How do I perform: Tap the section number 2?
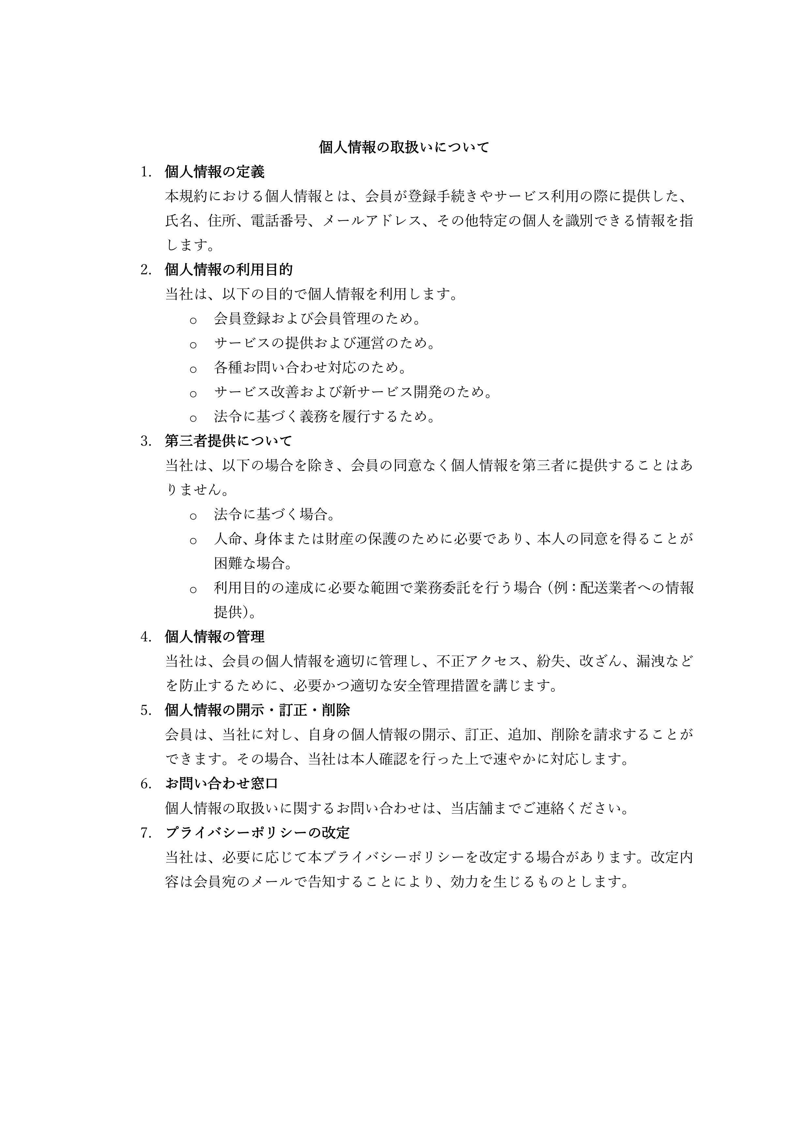click(x=145, y=270)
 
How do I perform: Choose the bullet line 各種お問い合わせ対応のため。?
click(x=310, y=367)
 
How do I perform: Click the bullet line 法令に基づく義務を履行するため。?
click(x=324, y=416)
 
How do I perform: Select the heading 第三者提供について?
click(x=228, y=441)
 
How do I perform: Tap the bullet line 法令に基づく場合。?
click(x=275, y=514)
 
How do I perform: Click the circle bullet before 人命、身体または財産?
click(x=193, y=540)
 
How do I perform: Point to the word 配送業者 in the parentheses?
click(x=608, y=588)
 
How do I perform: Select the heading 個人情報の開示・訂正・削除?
click(x=257, y=710)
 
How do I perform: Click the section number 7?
click(x=145, y=833)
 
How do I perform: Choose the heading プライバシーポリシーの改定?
click(x=257, y=833)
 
